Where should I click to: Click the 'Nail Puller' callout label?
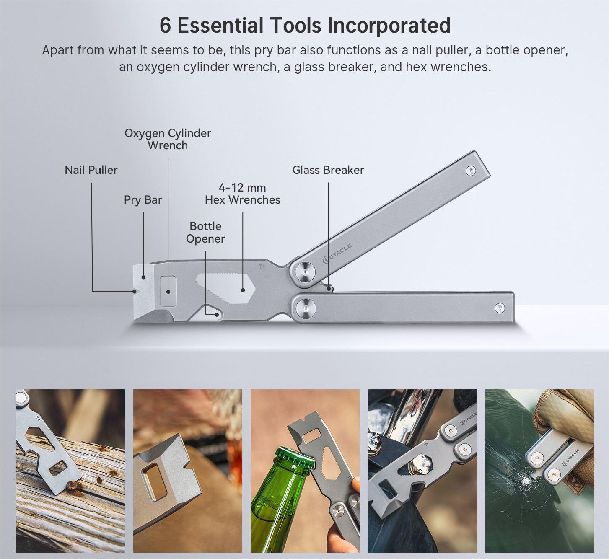click(91, 170)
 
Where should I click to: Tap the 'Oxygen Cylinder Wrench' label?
click(168, 139)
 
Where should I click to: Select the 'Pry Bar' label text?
click(143, 200)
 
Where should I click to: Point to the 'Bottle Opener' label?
click(205, 233)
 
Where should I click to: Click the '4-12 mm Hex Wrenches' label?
click(242, 194)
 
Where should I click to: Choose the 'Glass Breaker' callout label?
click(328, 170)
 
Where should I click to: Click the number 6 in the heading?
click(165, 26)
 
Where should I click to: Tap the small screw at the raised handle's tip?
click(471, 171)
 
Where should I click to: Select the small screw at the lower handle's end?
click(500, 308)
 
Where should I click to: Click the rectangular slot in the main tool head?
click(168, 291)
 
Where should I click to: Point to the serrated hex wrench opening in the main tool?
click(225, 288)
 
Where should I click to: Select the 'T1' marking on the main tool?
click(262, 267)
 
